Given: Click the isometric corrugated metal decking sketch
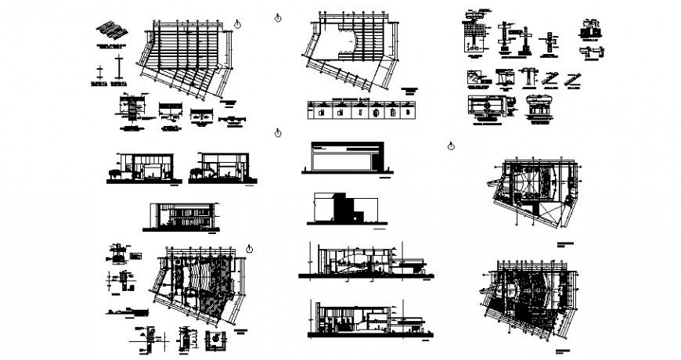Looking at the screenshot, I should click(x=110, y=31).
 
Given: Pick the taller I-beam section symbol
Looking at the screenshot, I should click(x=118, y=67).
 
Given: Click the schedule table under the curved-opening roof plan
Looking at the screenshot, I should click(x=362, y=110).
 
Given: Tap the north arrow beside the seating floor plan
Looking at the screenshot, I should click(x=250, y=248).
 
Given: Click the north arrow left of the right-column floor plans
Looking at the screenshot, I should click(x=451, y=146).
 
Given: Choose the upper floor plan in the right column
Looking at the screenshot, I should click(x=533, y=188).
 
